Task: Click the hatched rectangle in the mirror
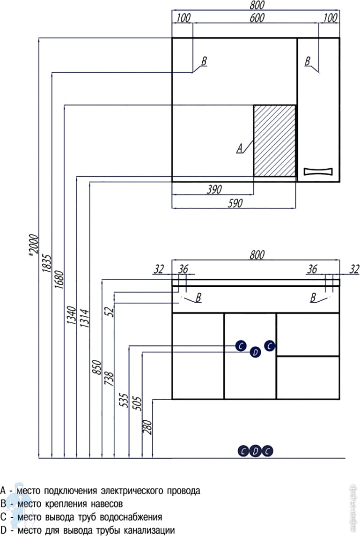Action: (x=275, y=141)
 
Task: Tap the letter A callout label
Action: (x=240, y=149)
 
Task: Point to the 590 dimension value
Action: (x=235, y=203)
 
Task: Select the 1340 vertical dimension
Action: (x=71, y=317)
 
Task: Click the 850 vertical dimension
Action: (x=96, y=367)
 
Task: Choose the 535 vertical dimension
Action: (x=124, y=400)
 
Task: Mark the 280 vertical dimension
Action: (x=149, y=426)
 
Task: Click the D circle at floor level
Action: (x=255, y=451)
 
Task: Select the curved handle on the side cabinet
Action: (x=318, y=171)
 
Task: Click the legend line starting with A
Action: (x=101, y=491)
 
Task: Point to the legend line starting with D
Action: (x=88, y=530)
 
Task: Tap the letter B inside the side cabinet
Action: (x=308, y=61)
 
